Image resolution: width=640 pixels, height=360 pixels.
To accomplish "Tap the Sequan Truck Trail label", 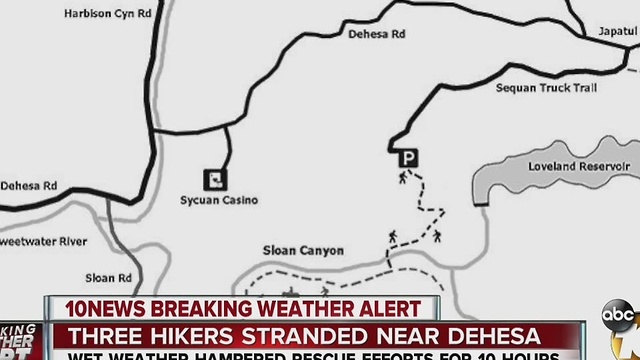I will coord(546,88).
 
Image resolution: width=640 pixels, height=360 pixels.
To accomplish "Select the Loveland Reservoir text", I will coord(579,166).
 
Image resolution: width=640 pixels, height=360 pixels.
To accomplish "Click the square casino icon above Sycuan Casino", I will coord(214,178).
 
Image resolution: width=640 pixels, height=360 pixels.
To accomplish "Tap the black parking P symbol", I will coord(407,157).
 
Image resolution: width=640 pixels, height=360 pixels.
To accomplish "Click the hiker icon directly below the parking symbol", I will coord(403,177).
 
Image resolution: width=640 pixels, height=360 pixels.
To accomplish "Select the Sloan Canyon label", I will coord(303,251).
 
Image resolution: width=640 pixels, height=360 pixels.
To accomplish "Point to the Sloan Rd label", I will coord(108,278).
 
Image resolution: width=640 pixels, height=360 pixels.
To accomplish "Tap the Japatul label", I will coord(617,31).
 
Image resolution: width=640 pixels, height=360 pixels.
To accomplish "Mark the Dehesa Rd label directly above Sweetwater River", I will coord(29,186).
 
